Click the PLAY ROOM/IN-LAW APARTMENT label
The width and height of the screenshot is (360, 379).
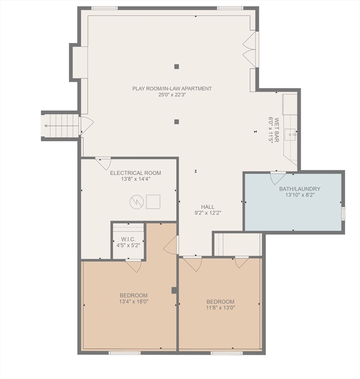(x=172, y=89)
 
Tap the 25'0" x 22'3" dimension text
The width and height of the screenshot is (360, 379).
(x=172, y=95)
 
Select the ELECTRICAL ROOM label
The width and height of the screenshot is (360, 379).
(x=135, y=173)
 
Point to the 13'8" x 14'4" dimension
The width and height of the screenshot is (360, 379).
(x=135, y=179)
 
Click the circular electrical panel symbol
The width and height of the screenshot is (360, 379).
(x=136, y=201)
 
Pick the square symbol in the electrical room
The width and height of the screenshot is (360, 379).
(x=153, y=201)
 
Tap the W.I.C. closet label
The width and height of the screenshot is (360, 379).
(x=128, y=239)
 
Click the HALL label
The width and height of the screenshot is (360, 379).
(x=207, y=207)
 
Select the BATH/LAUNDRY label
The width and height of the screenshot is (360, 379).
(x=300, y=189)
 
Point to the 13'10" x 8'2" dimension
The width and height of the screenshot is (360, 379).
(x=300, y=195)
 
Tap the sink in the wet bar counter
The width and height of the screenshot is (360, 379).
(x=292, y=133)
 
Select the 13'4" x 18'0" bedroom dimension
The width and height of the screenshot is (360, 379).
(x=133, y=302)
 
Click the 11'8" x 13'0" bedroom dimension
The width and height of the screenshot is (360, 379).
(x=220, y=307)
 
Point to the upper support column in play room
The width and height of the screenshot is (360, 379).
(x=177, y=66)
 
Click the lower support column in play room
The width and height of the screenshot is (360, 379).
(x=177, y=121)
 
